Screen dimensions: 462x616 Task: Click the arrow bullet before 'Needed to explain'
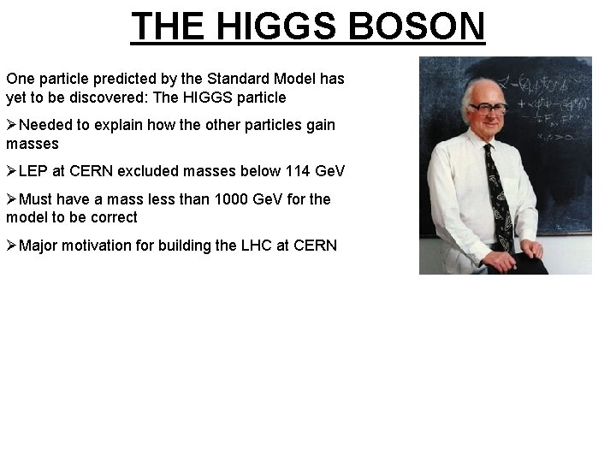[x=12, y=125]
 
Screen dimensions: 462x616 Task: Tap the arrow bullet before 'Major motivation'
[x=12, y=246]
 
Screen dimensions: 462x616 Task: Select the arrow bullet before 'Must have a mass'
[x=12, y=199]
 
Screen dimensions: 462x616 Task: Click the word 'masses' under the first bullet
[x=33, y=144]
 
